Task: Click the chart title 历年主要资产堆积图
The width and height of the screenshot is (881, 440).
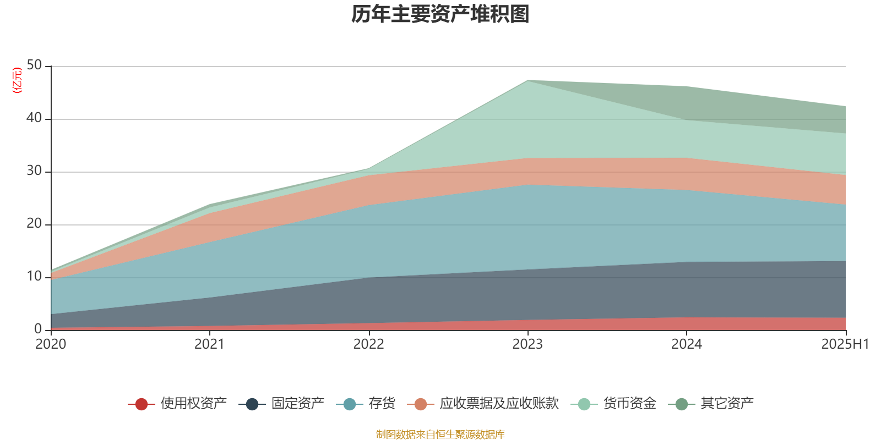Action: (x=440, y=15)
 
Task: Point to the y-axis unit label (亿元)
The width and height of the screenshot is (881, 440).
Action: (x=17, y=80)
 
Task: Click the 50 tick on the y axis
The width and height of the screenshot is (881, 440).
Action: (x=34, y=65)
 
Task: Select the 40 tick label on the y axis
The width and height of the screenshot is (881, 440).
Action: (x=34, y=118)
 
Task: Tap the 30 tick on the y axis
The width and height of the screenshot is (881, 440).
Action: (x=34, y=171)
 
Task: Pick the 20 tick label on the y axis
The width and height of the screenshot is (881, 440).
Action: (x=34, y=223)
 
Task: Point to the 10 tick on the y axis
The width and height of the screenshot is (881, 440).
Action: (x=34, y=276)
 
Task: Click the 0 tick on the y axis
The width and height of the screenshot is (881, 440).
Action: (x=38, y=329)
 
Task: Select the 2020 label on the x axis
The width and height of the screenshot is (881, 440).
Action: (x=51, y=344)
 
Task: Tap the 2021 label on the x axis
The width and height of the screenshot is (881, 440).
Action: (x=210, y=344)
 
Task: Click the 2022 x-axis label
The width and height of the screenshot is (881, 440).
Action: (x=368, y=344)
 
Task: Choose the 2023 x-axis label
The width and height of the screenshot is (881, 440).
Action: (x=527, y=344)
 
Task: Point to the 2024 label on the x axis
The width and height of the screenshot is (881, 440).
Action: (x=686, y=344)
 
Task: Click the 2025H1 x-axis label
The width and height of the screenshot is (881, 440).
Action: (x=845, y=344)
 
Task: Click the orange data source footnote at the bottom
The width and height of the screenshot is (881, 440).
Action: (x=440, y=435)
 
